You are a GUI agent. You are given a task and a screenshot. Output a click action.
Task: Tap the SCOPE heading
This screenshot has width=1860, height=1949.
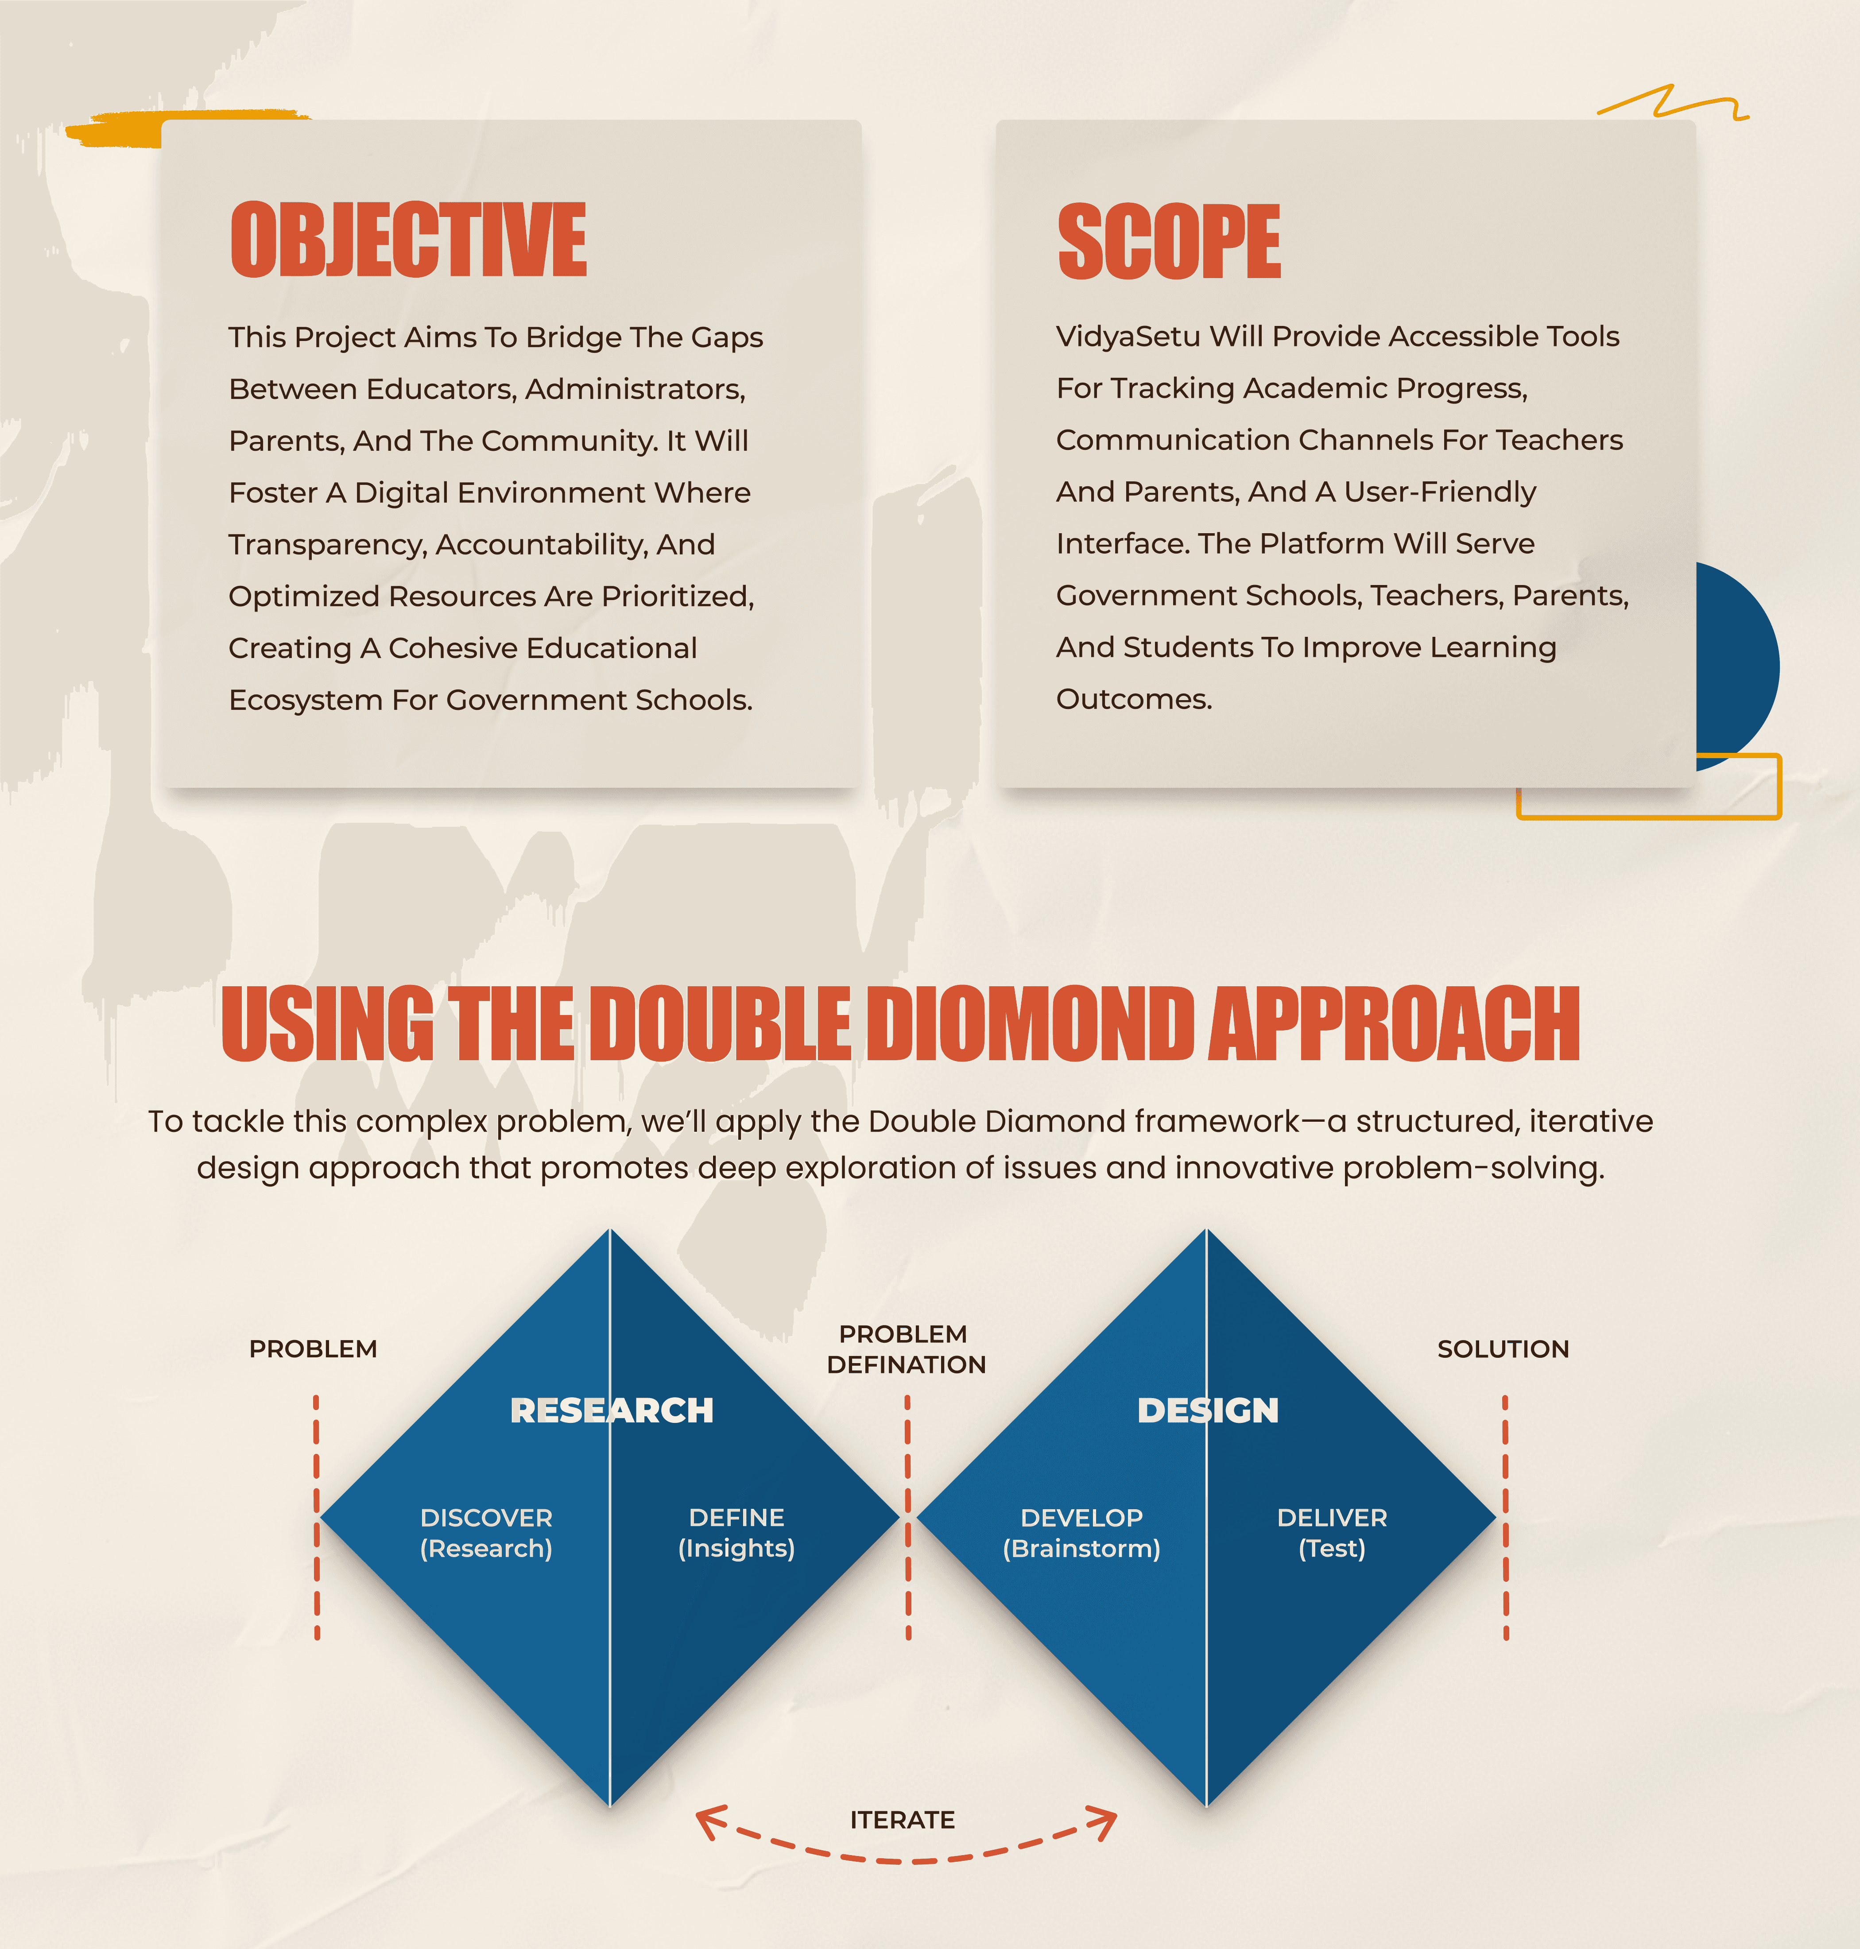tap(1169, 241)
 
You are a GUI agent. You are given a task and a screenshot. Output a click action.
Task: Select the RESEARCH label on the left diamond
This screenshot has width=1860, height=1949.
tap(612, 1410)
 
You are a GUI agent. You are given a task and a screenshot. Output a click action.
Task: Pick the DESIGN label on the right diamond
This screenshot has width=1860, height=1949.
tap(1208, 1410)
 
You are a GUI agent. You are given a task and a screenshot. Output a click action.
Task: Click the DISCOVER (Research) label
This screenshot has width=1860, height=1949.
tap(486, 1533)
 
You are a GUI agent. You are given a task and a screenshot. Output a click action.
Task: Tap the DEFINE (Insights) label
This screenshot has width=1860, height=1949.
tap(736, 1533)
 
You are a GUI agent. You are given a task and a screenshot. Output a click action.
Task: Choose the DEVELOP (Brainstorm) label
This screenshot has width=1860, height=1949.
tap(1082, 1533)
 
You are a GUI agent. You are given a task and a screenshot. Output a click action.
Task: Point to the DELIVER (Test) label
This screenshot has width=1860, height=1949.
tap(1332, 1533)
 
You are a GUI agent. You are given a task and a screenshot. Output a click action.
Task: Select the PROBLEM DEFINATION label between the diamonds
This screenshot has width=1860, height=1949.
tap(906, 1349)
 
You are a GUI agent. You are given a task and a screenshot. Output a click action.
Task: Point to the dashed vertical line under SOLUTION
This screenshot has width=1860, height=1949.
tap(1505, 1517)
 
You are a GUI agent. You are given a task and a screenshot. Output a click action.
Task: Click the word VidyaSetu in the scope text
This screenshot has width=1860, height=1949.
tap(1128, 336)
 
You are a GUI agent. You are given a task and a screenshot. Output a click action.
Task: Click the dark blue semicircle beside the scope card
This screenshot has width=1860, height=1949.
tap(1737, 664)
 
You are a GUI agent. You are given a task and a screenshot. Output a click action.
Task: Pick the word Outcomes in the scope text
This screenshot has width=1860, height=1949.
tap(1134, 699)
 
